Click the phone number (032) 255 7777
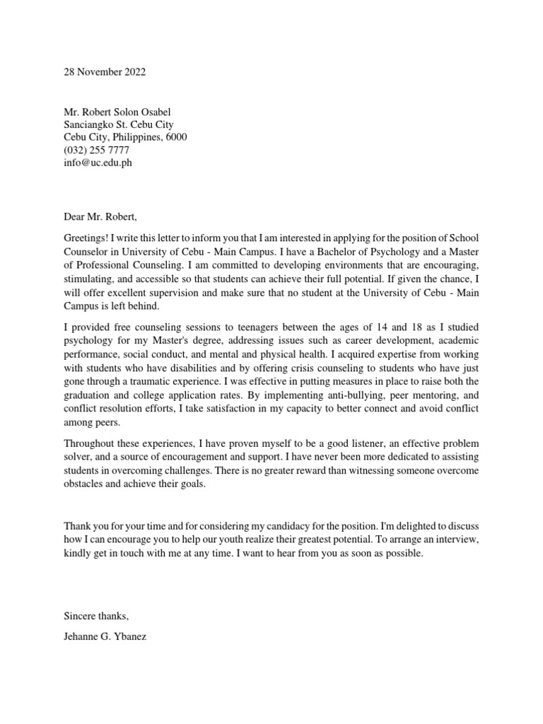coord(97,150)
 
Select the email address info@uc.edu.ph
coord(98,163)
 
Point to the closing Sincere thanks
coord(96,617)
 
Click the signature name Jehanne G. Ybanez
coord(105,637)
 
